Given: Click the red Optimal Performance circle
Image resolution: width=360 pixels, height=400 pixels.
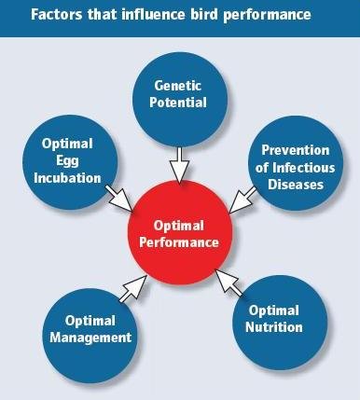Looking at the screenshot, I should click(180, 233).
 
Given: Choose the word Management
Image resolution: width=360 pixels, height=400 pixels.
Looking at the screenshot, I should click(91, 337).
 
